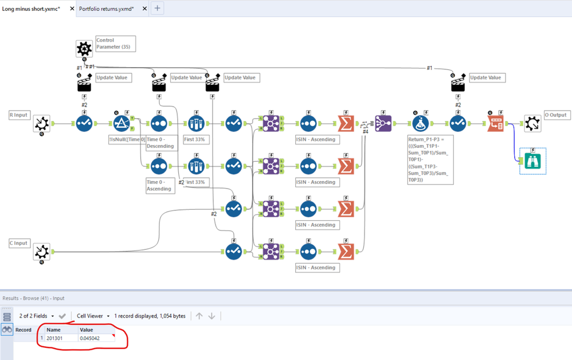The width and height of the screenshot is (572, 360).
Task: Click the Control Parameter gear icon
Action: (x=84, y=49)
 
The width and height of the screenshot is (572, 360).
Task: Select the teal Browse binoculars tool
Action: (x=532, y=161)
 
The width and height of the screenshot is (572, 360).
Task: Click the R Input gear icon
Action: (x=42, y=124)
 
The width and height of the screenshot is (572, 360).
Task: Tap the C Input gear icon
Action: (x=42, y=252)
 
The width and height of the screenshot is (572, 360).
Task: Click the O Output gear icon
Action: (x=532, y=123)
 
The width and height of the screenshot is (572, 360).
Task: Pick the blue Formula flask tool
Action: (x=420, y=123)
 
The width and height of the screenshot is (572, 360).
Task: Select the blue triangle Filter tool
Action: (x=122, y=123)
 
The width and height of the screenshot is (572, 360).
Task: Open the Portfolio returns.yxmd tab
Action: (x=107, y=9)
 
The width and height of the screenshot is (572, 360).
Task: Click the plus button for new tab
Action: (x=157, y=9)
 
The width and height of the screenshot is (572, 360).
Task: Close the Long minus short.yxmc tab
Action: (x=72, y=9)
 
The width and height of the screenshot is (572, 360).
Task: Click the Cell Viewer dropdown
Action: (x=93, y=316)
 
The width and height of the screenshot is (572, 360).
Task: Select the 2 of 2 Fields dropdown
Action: (x=37, y=316)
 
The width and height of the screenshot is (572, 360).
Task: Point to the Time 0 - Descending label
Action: (x=160, y=143)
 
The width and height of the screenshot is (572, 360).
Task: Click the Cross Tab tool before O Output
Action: (x=495, y=123)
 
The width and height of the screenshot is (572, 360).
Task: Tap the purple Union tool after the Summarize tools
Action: (x=383, y=123)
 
